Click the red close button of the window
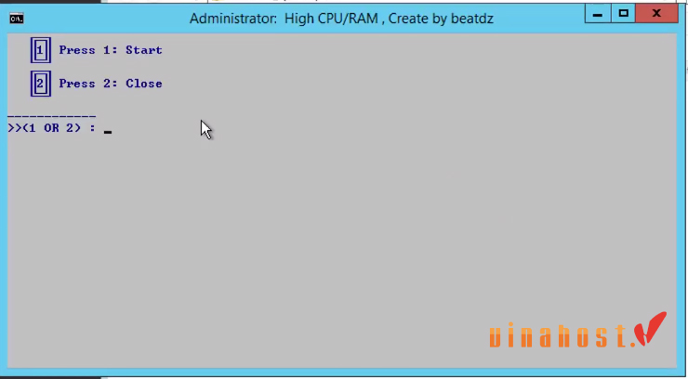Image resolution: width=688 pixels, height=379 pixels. pyautogui.click(x=658, y=14)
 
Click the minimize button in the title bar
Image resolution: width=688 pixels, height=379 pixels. pyautogui.click(x=596, y=14)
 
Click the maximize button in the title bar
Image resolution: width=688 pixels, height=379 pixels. pyautogui.click(x=623, y=14)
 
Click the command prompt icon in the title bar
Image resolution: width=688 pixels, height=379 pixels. pyautogui.click(x=17, y=19)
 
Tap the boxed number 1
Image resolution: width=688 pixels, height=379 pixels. pyautogui.click(x=40, y=50)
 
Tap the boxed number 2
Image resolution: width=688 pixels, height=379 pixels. pyautogui.click(x=40, y=84)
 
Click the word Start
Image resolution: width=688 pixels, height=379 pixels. pyautogui.click(x=143, y=50)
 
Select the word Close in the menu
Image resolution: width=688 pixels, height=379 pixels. pyautogui.click(x=143, y=84)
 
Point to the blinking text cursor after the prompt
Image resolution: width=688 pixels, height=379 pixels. pyautogui.click(x=108, y=132)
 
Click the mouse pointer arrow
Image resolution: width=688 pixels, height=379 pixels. pyautogui.click(x=206, y=129)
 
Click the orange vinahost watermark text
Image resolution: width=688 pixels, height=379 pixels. pyautogui.click(x=558, y=336)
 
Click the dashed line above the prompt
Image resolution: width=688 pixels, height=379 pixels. pyautogui.click(x=51, y=116)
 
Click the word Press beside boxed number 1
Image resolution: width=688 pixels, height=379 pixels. pyautogui.click(x=77, y=50)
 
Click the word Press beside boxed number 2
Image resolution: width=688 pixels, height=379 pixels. pyautogui.click(x=77, y=84)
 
